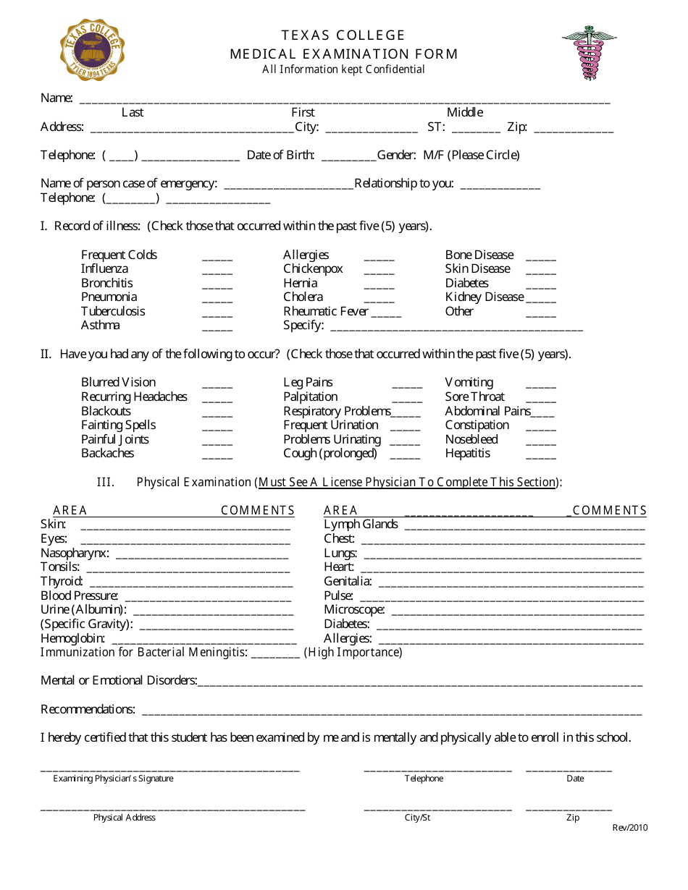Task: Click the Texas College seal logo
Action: (x=92, y=50)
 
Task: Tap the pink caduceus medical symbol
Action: (x=589, y=54)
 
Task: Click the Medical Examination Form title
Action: (x=344, y=54)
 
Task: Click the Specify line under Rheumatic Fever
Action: (x=456, y=328)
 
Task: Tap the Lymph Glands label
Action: (x=361, y=525)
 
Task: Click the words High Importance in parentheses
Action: (x=353, y=653)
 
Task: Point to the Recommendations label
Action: (x=88, y=709)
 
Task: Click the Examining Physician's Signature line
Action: (x=169, y=770)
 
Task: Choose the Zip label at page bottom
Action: (x=573, y=818)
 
